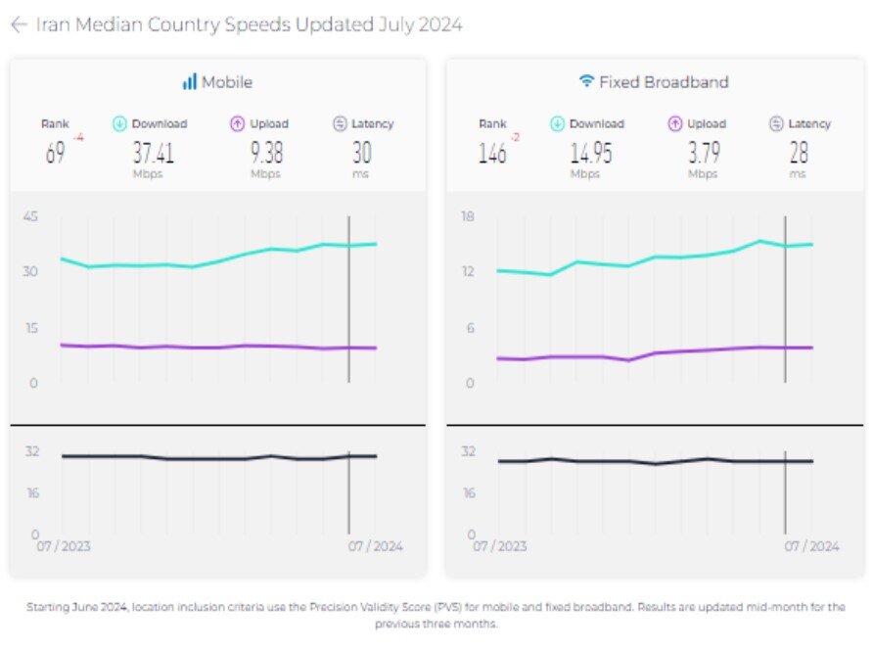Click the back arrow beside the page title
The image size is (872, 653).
pos(18,25)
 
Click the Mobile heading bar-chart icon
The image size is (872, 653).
pos(189,82)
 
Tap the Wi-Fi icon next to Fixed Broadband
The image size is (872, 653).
pos(586,82)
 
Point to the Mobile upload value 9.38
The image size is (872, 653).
pos(266,152)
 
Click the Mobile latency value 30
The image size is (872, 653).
pos(362,152)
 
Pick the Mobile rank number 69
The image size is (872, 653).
pos(56,153)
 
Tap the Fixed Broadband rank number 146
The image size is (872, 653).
pos(491,153)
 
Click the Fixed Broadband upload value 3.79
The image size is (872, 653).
pos(703,152)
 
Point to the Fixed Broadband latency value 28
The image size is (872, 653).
pos(799,152)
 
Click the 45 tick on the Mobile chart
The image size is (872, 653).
pos(30,216)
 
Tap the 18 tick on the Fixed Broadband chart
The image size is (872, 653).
pos(468,216)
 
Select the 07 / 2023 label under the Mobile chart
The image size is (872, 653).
pos(64,546)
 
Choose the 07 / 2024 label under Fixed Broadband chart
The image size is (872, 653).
pos(811,546)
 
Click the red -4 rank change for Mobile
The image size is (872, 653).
pos(78,138)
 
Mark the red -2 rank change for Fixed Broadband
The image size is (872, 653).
pos(514,138)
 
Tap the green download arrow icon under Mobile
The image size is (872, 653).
pos(120,124)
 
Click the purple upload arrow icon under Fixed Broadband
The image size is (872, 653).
pos(674,124)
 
